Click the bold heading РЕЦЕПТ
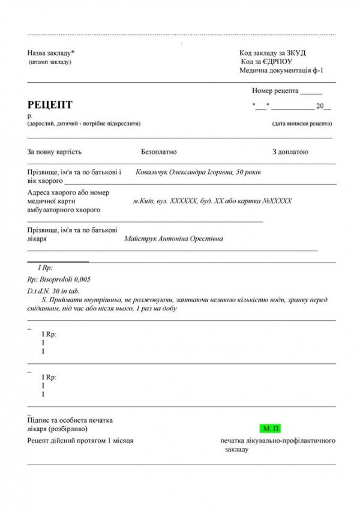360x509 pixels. coord(50,105)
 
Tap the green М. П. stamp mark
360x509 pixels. coord(271,429)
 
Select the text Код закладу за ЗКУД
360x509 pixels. coord(272,53)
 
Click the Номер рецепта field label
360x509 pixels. coord(275,91)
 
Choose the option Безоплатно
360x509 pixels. coord(159,152)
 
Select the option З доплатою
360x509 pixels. coord(290,152)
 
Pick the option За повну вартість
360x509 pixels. coord(54,152)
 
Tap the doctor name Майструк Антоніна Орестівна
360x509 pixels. coord(173,239)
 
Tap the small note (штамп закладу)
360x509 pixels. coord(50,62)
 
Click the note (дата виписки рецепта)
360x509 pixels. coord(302,124)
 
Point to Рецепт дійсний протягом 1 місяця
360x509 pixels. coord(80,441)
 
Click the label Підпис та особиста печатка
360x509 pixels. coord(70,420)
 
